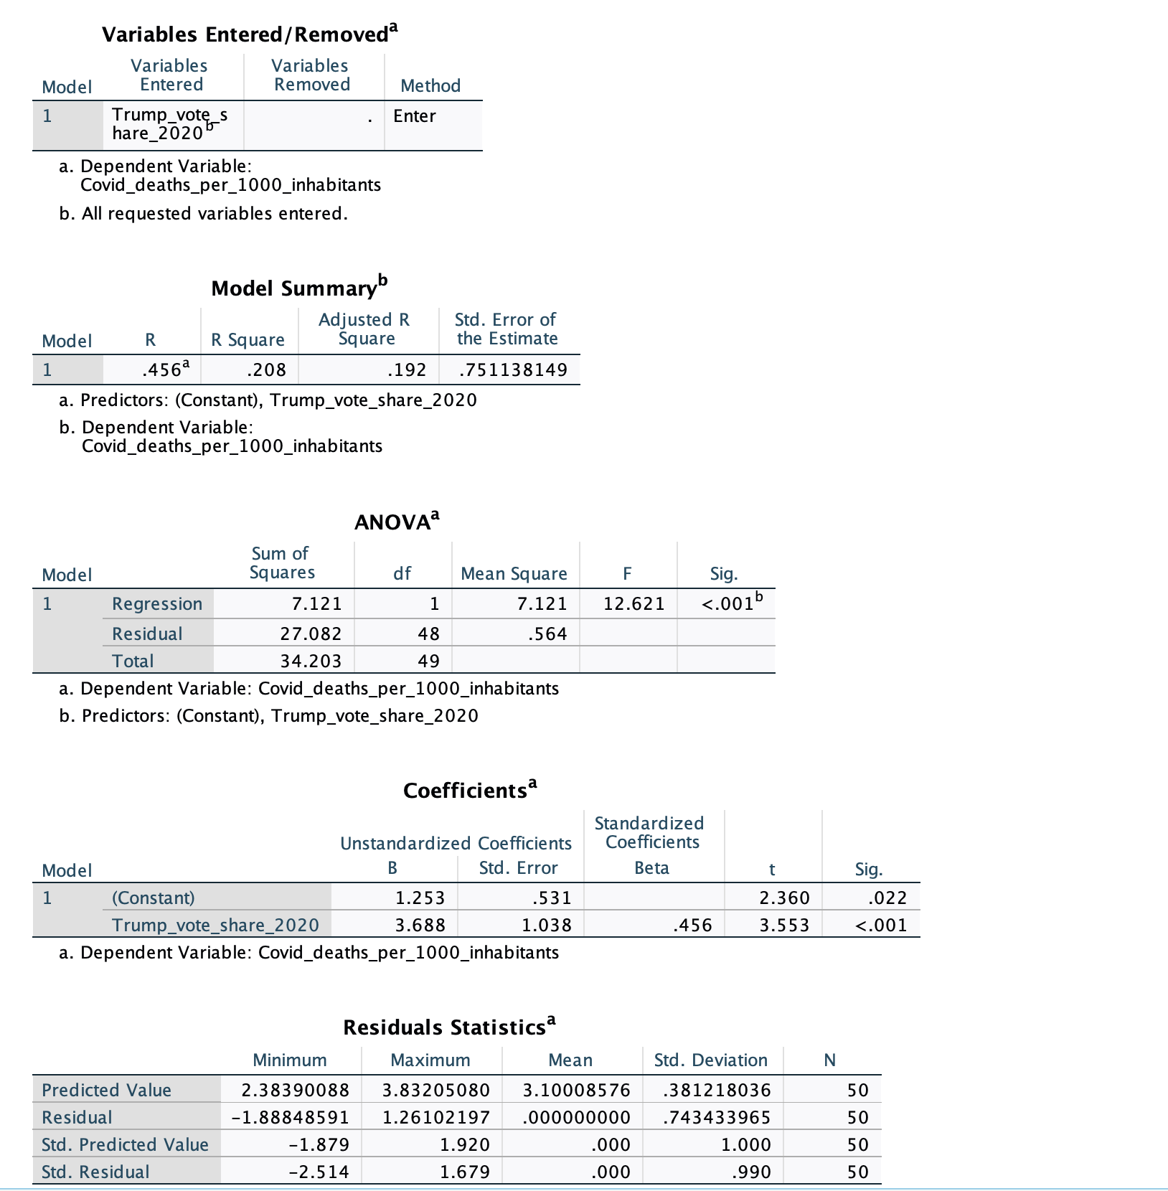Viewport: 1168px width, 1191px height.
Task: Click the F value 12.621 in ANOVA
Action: [634, 604]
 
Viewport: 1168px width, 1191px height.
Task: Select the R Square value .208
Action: [266, 370]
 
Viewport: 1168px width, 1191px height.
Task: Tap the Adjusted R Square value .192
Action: [406, 370]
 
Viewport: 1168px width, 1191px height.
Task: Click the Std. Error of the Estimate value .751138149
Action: [513, 370]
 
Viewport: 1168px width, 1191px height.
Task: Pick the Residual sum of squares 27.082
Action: [311, 634]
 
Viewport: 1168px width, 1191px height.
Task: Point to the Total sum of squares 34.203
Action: [311, 662]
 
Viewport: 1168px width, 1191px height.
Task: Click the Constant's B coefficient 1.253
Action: [420, 898]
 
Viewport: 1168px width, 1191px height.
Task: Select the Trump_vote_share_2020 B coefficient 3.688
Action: [420, 926]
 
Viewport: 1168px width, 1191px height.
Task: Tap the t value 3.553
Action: [784, 926]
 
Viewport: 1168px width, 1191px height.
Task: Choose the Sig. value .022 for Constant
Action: [887, 898]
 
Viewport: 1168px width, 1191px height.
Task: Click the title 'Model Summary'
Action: [294, 288]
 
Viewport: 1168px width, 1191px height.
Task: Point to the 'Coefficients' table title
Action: [466, 791]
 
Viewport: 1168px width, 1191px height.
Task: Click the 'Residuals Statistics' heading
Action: [445, 1027]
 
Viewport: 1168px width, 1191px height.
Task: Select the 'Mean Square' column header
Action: [514, 574]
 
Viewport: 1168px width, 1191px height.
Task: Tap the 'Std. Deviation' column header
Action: [710, 1060]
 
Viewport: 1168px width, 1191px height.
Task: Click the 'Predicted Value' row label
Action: [106, 1091]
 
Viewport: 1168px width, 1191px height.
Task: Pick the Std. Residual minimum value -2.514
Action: [319, 1172]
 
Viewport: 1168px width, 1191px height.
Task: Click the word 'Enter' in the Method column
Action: [414, 116]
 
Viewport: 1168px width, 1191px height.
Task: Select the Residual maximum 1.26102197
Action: [435, 1118]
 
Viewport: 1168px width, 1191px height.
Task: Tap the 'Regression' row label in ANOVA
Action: [157, 604]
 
